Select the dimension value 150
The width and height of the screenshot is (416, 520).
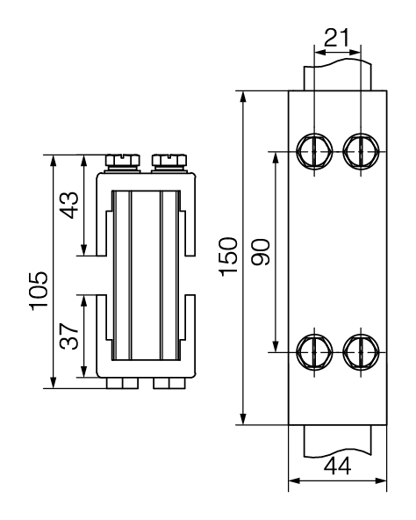pos(227,256)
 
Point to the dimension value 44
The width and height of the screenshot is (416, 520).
pos(337,466)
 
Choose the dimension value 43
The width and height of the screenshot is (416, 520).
pos(71,208)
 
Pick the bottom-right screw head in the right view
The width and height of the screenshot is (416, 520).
pos(359,353)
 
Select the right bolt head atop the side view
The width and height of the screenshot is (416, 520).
pos(167,161)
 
